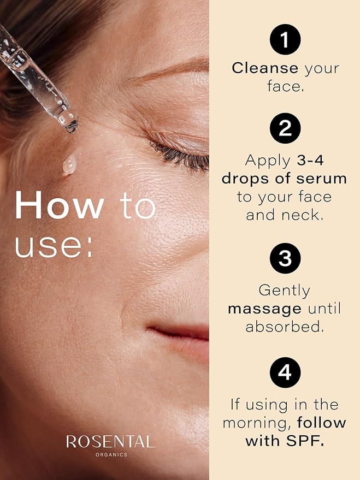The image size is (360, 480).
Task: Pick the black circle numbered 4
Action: click(285, 374)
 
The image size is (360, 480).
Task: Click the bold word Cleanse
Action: click(265, 68)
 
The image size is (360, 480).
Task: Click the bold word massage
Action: click(264, 309)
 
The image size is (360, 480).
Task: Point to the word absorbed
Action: click(285, 327)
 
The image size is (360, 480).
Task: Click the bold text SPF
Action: click(306, 441)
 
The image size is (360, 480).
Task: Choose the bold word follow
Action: click(321, 423)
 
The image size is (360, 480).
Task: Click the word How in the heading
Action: click(60, 206)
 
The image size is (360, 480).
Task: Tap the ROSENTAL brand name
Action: click(110, 442)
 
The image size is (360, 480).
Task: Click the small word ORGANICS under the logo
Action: click(110, 454)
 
